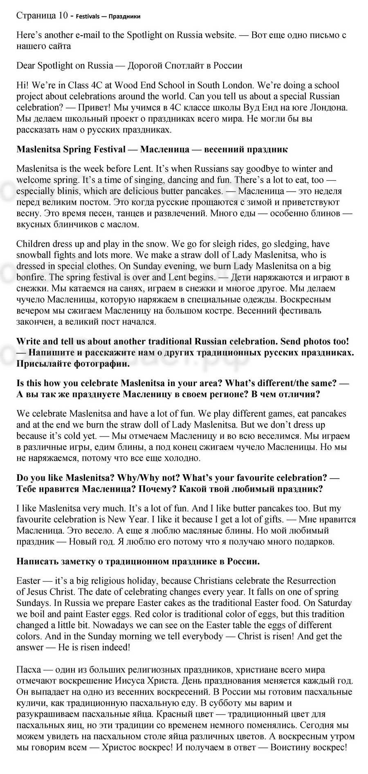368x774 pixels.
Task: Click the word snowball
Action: pos(34,255)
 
